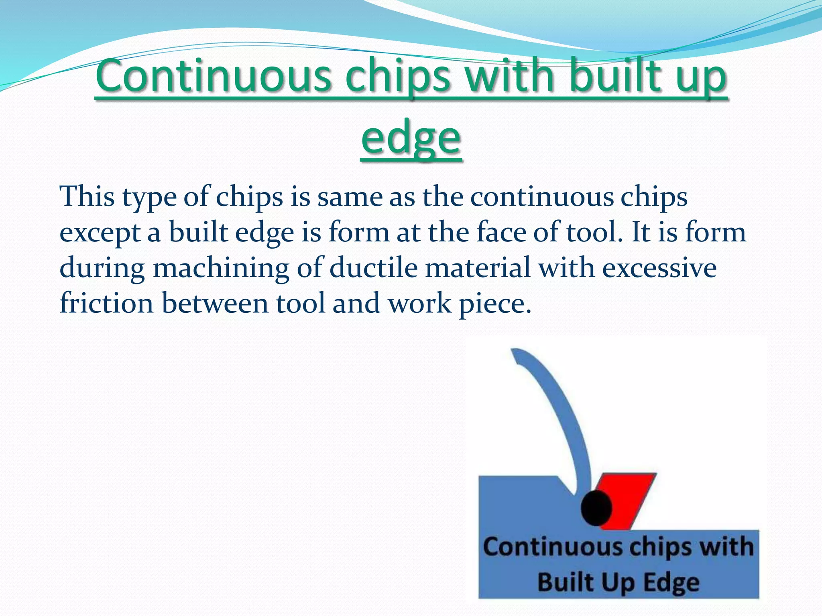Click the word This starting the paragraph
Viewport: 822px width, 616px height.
click(87, 197)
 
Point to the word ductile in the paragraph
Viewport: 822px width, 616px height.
click(374, 267)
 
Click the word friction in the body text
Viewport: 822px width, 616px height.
click(106, 303)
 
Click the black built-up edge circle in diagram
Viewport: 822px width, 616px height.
click(596, 508)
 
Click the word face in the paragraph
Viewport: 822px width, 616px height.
click(501, 232)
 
